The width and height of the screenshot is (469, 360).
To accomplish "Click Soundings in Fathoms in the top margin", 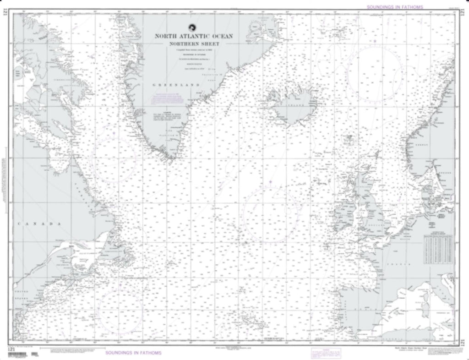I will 394,7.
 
